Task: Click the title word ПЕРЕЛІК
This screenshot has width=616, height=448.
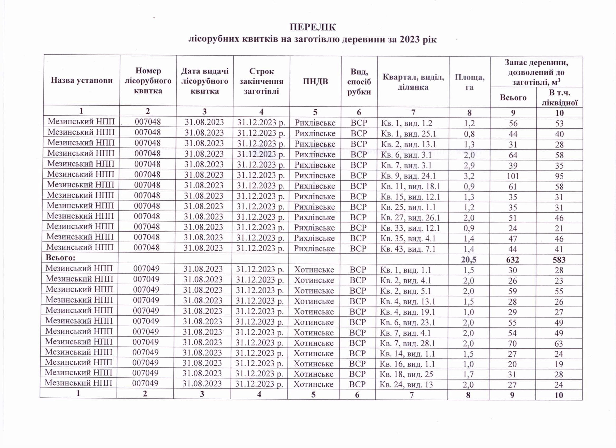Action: (313, 27)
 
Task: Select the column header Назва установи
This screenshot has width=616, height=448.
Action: (81, 80)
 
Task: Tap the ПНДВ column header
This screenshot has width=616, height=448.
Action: (315, 81)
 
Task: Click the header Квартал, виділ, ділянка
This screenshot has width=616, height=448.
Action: (413, 82)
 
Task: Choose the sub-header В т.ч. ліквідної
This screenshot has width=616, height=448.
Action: (560, 98)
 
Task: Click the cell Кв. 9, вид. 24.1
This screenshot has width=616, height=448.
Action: (408, 176)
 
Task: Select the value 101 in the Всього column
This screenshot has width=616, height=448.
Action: (513, 176)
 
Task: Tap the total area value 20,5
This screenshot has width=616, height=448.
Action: (469, 260)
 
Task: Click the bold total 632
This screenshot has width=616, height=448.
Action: (512, 260)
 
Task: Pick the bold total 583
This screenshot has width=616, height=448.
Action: (559, 260)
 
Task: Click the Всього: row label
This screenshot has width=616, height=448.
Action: (60, 257)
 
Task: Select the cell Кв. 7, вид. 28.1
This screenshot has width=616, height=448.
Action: (407, 344)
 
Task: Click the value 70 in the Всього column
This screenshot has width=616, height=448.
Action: (512, 344)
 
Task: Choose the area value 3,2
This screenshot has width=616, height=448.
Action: (469, 176)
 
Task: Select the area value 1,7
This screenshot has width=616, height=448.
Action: (468, 374)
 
